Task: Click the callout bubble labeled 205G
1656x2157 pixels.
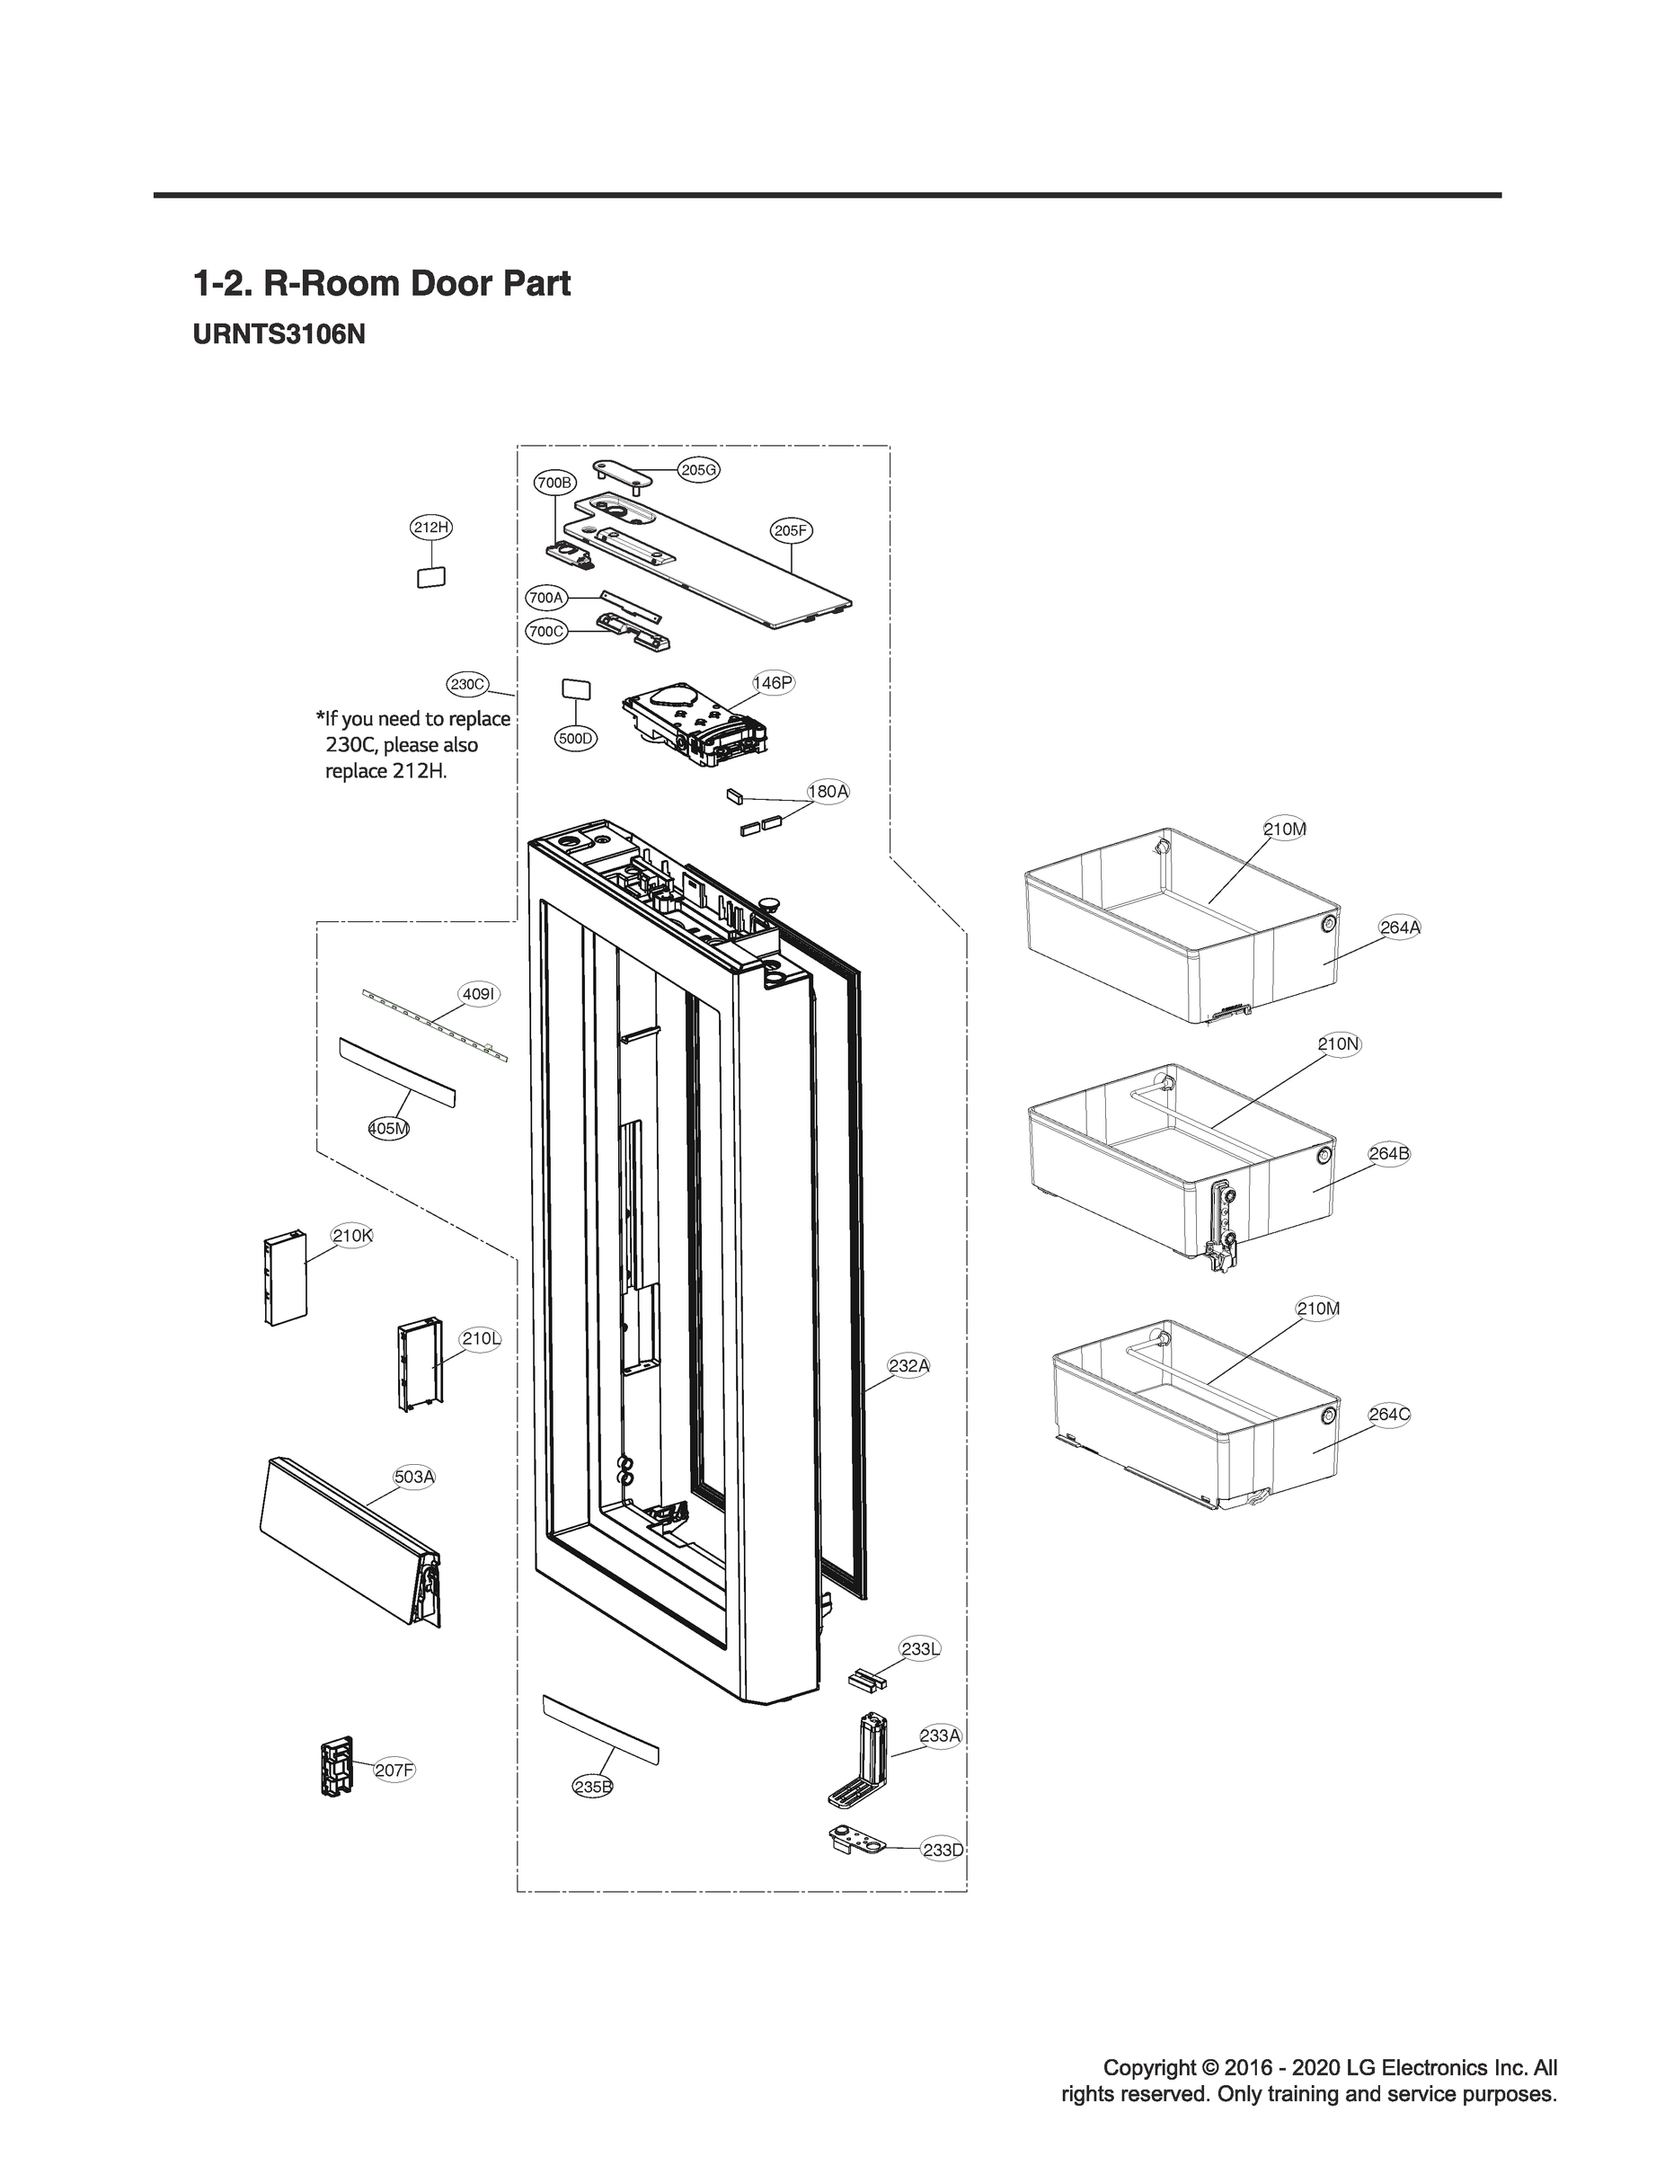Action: (x=699, y=470)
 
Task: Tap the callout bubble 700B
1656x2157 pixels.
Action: (x=554, y=483)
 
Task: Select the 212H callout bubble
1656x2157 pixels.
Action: (x=430, y=528)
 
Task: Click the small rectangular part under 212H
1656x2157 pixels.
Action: (x=430, y=576)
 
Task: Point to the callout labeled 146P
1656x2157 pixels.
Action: (x=772, y=682)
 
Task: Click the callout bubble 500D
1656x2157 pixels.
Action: (x=576, y=739)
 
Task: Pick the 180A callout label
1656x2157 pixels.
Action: (x=828, y=791)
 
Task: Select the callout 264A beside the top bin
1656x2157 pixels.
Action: (x=1400, y=927)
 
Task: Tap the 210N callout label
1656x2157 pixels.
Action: (x=1339, y=1044)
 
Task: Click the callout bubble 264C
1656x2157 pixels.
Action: (x=1389, y=1414)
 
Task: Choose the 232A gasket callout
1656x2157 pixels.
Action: (x=908, y=1365)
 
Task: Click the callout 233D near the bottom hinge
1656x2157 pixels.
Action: (x=943, y=1851)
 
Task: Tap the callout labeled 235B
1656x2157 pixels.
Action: (x=592, y=1787)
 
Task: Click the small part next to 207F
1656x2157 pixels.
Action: (x=336, y=1767)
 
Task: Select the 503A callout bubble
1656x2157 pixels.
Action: (x=414, y=1477)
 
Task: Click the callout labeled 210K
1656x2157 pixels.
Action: (x=352, y=1235)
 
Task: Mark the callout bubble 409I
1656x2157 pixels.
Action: (x=478, y=995)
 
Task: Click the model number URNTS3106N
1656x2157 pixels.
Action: (x=279, y=335)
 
